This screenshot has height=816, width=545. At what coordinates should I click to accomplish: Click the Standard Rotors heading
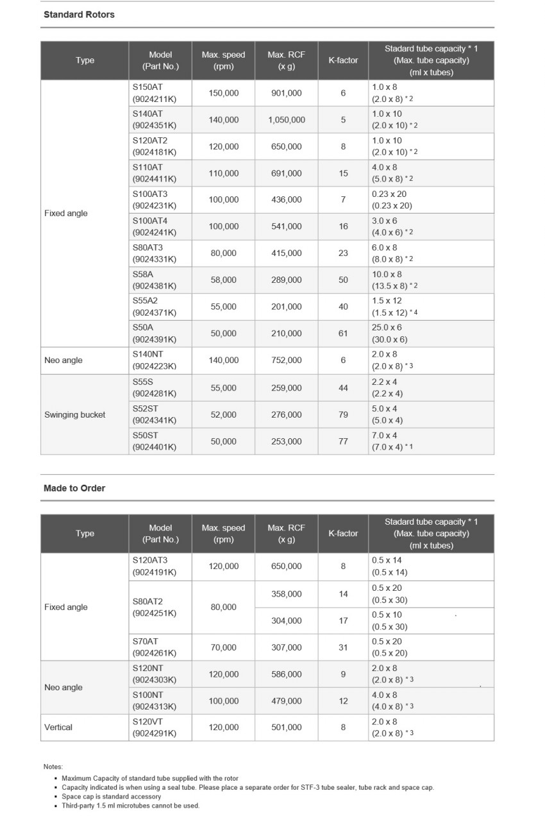[x=79, y=14]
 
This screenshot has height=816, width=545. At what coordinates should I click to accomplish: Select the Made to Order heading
[x=74, y=488]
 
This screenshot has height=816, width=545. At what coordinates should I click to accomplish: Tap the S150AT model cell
[x=154, y=93]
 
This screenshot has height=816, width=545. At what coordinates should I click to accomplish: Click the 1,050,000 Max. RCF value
[x=286, y=120]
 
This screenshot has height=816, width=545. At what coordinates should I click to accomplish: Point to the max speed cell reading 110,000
[x=223, y=173]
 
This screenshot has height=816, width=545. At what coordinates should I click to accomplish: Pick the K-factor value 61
[x=343, y=334]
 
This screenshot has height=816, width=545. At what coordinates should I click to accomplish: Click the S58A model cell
[x=154, y=280]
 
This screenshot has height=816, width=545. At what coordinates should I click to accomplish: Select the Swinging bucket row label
[x=75, y=414]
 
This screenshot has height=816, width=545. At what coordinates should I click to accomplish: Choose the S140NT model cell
[x=154, y=361]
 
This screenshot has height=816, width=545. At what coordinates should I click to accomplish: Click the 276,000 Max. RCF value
[x=286, y=414]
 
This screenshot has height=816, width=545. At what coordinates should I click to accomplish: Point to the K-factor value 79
[x=343, y=414]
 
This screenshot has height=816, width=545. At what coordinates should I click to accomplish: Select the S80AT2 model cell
[x=154, y=608]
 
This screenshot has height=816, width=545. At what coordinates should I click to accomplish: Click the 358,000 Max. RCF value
[x=286, y=594]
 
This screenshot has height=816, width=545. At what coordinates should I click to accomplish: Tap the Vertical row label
[x=58, y=727]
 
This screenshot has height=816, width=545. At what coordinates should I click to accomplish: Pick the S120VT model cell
[x=154, y=727]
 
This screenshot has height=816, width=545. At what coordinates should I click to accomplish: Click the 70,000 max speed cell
[x=223, y=648]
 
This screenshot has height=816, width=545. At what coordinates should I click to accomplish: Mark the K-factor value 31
[x=343, y=648]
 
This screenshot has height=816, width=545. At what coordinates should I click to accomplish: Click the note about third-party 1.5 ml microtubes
[x=130, y=806]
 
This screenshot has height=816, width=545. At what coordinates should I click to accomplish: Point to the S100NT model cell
[x=154, y=701]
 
